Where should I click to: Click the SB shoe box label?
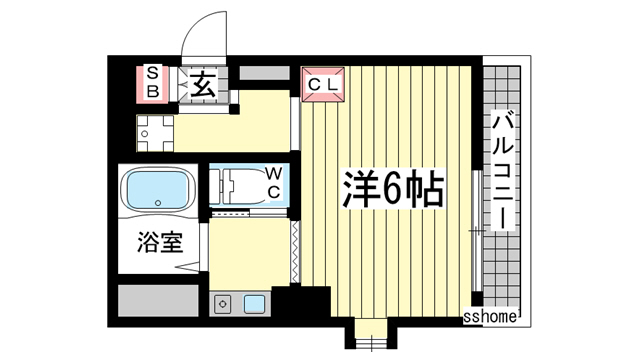(153, 80)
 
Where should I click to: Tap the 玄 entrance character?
(204, 82)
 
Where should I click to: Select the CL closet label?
(322, 83)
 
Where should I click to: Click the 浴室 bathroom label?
(157, 243)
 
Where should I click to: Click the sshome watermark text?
(490, 318)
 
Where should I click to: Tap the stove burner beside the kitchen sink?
(221, 302)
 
